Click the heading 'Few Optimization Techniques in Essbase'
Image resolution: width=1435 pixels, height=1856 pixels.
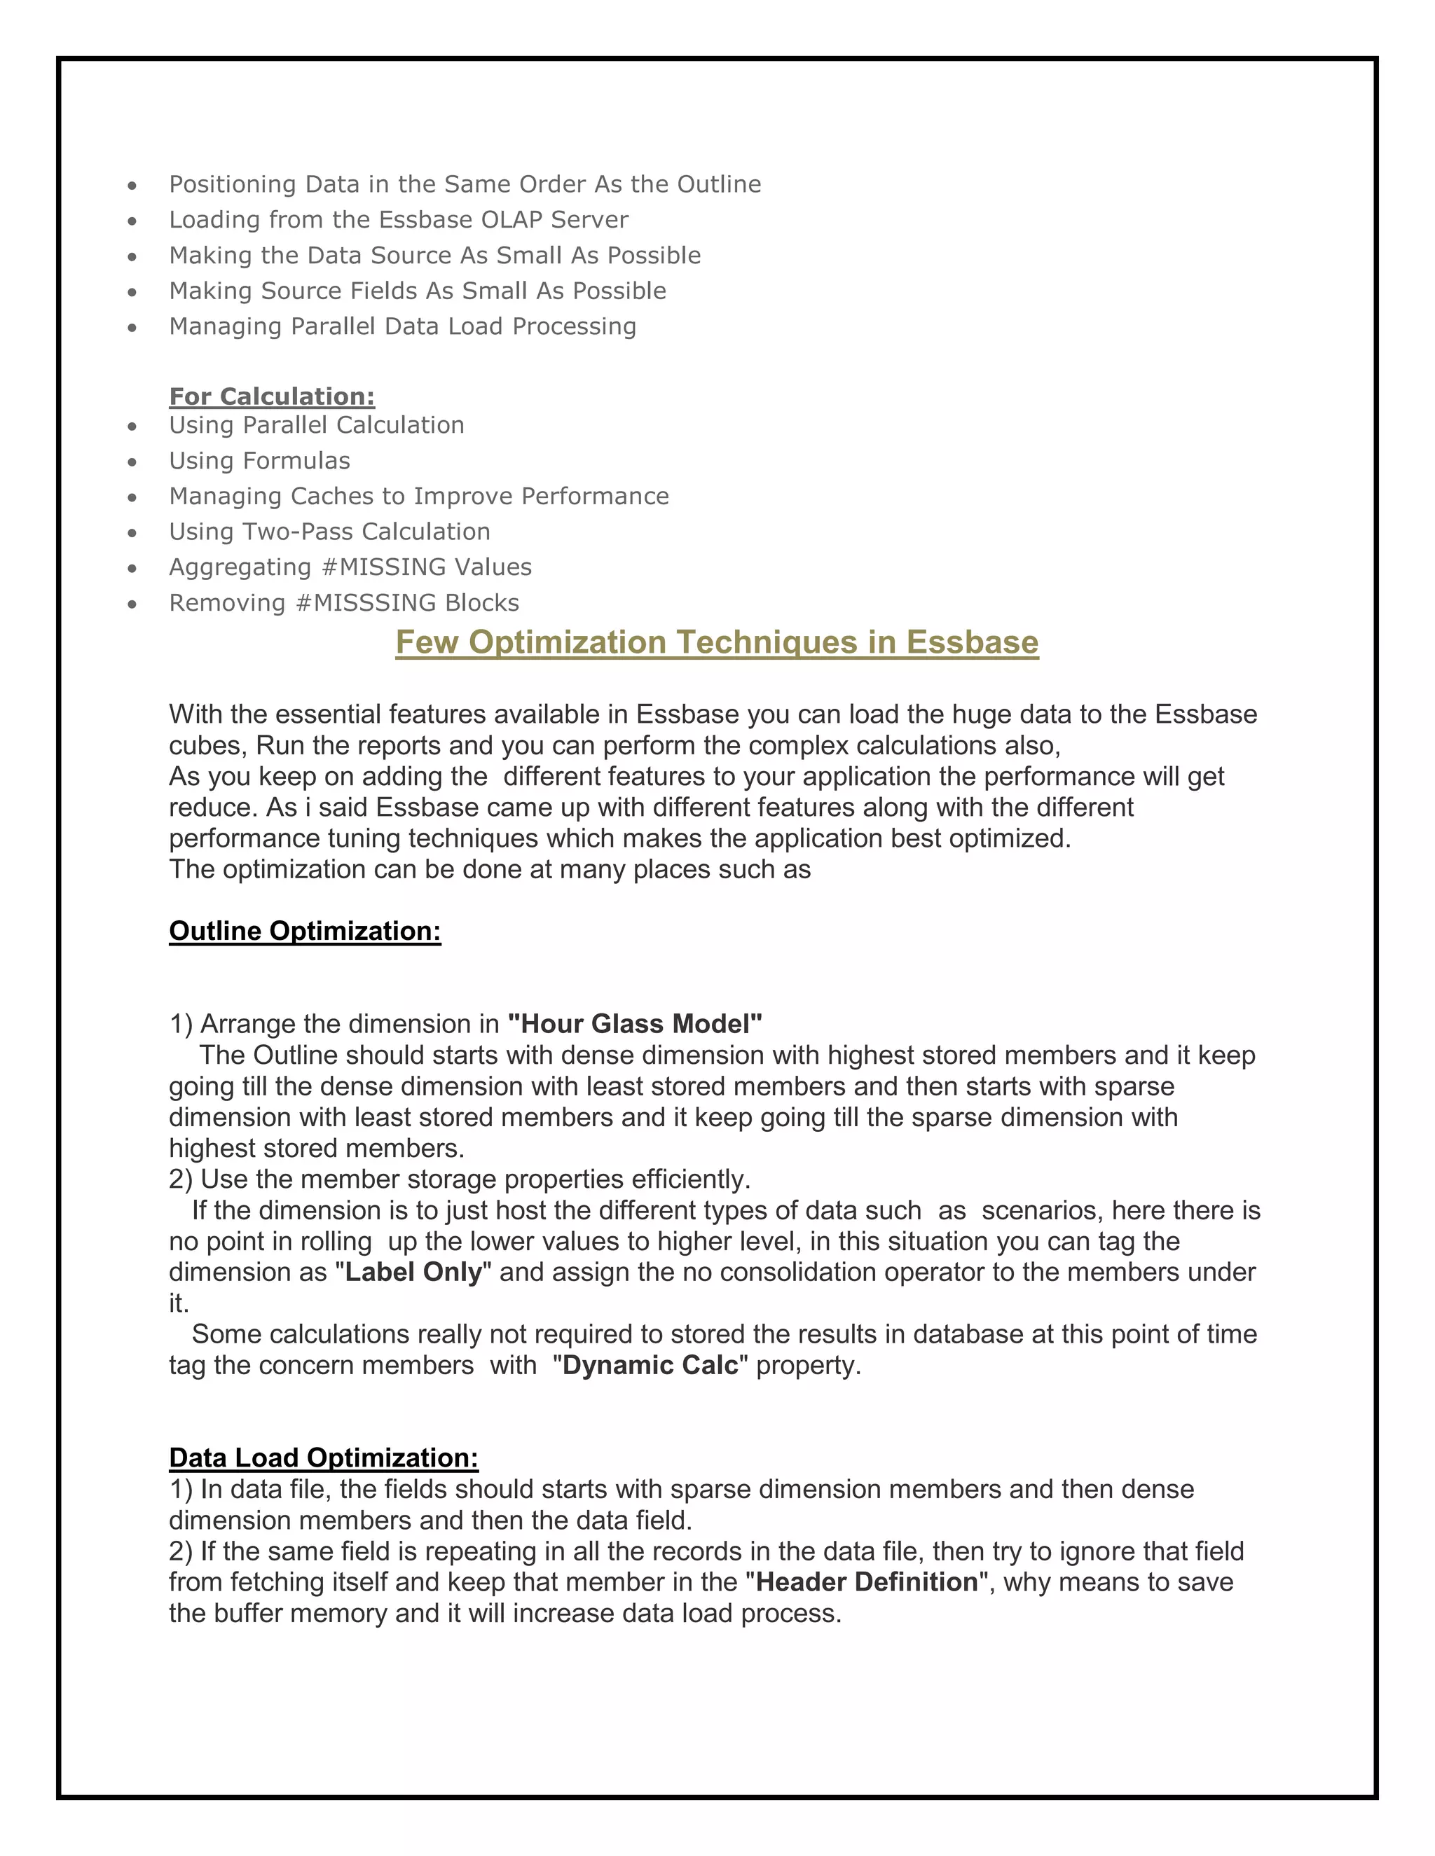717,642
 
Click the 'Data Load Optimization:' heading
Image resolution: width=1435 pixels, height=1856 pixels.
323,1457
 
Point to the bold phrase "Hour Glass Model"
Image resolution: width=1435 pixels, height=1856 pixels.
634,1023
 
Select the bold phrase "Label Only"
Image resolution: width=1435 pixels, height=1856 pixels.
413,1272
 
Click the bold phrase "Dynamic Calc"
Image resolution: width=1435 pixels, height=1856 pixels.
650,1365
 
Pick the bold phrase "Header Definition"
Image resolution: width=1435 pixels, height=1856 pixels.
867,1581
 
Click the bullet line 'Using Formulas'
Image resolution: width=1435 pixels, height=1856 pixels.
259,461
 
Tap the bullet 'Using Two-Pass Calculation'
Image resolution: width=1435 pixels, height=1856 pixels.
330,532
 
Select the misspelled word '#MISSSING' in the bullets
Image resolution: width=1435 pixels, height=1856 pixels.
364,602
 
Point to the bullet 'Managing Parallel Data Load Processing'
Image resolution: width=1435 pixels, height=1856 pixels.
402,326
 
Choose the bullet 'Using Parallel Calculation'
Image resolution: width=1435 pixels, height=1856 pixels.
316,425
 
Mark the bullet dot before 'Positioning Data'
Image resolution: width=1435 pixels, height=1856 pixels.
132,186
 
